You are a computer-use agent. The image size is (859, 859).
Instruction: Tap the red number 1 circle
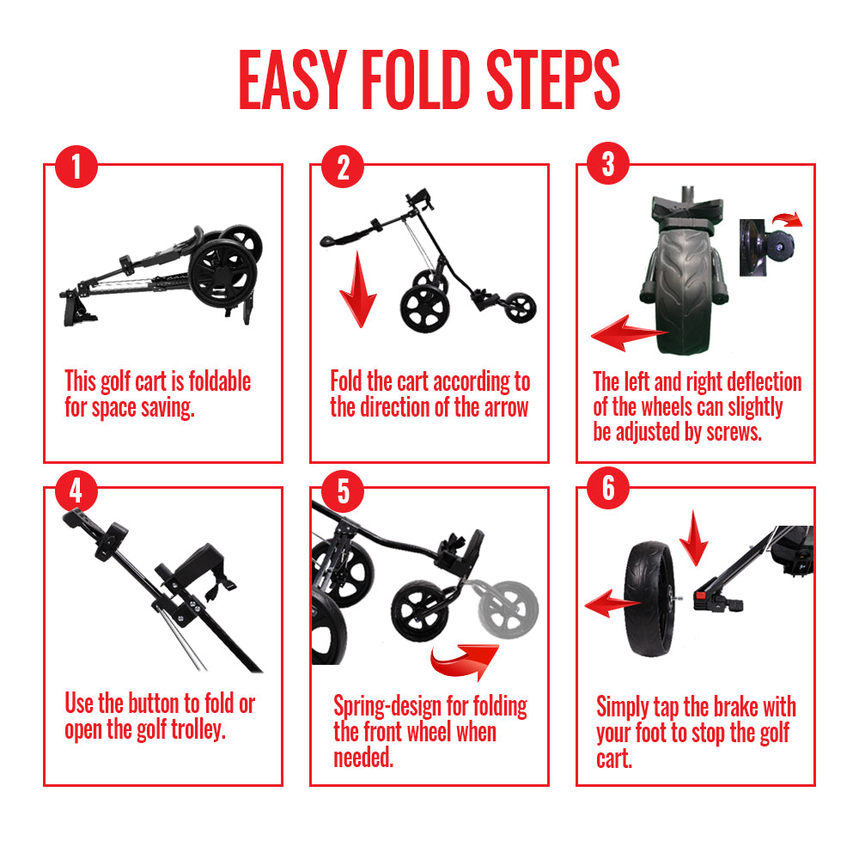pyautogui.click(x=76, y=167)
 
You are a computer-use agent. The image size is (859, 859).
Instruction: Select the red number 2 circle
pyautogui.click(x=343, y=167)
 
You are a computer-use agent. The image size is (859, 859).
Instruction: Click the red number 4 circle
pyautogui.click(x=76, y=490)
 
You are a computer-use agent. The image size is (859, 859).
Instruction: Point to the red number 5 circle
pyautogui.click(x=343, y=490)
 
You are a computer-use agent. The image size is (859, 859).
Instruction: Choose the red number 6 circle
pyautogui.click(x=608, y=488)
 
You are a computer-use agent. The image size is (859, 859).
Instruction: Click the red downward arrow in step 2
pyautogui.click(x=358, y=289)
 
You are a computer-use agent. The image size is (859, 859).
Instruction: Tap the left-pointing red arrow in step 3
pyautogui.click(x=629, y=332)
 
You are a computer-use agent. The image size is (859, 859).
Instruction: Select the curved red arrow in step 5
pyautogui.click(x=465, y=661)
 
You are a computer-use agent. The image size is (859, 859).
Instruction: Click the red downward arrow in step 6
pyautogui.click(x=694, y=538)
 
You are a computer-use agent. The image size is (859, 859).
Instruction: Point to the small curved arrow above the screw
pyautogui.click(x=788, y=219)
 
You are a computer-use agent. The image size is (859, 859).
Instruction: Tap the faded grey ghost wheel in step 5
pyautogui.click(x=508, y=609)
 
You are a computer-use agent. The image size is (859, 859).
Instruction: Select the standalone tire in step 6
pyautogui.click(x=649, y=599)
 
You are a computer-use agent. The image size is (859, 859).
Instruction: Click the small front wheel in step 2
pyautogui.click(x=520, y=308)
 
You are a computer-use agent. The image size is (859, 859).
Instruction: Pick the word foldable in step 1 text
pyautogui.click(x=220, y=381)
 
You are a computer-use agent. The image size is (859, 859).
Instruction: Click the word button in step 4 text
pyautogui.click(x=154, y=704)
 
